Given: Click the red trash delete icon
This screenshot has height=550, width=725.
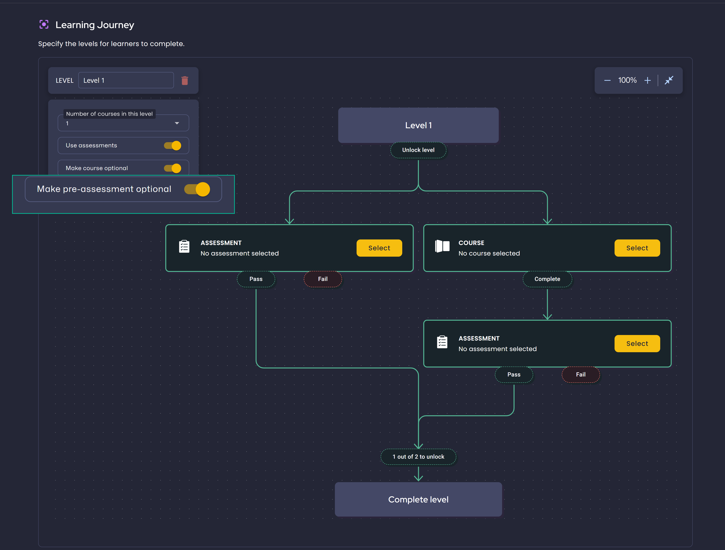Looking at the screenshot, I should pyautogui.click(x=185, y=81).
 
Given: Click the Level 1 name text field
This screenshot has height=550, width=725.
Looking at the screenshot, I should pyautogui.click(x=126, y=80).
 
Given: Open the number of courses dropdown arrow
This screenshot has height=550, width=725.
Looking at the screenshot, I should pyautogui.click(x=177, y=123).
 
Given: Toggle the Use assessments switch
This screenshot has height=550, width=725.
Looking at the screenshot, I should pyautogui.click(x=173, y=146).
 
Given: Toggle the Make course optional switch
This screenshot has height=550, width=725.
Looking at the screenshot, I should pyautogui.click(x=173, y=168).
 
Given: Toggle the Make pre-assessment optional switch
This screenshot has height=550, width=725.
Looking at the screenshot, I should pyautogui.click(x=197, y=189).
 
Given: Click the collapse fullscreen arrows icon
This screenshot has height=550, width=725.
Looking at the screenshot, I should pyautogui.click(x=669, y=80).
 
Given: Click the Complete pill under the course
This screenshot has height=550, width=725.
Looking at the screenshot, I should pyautogui.click(x=547, y=279).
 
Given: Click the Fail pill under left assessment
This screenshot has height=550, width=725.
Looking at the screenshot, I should pyautogui.click(x=323, y=279).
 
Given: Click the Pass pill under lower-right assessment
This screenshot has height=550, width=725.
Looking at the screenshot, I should pyautogui.click(x=514, y=375).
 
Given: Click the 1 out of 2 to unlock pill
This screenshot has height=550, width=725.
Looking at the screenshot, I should pyautogui.click(x=418, y=457).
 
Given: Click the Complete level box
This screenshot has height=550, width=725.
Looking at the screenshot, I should pyautogui.click(x=418, y=499).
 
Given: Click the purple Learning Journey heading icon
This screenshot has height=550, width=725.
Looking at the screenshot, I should pyautogui.click(x=44, y=25).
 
